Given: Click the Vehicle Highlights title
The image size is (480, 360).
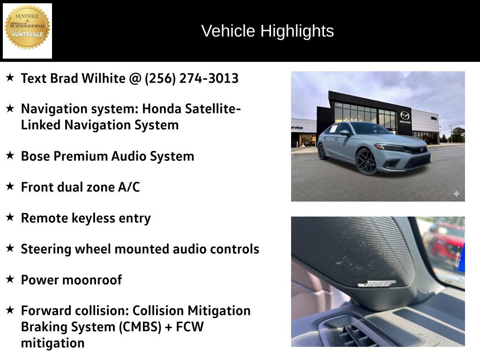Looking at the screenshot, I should [267, 31].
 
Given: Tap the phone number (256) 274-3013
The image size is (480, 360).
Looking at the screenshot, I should [192, 78].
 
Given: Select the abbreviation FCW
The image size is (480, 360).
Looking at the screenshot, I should [190, 327].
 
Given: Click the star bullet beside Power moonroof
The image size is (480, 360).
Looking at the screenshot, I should [10, 279].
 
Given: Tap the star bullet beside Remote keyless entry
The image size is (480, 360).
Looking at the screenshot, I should [10, 217].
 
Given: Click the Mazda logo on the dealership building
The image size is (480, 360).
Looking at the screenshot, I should [405, 115].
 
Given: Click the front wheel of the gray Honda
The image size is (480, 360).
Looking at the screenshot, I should [367, 161].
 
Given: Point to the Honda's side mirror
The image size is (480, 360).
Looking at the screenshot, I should [345, 133].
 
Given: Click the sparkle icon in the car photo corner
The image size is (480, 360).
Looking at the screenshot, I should [456, 194].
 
